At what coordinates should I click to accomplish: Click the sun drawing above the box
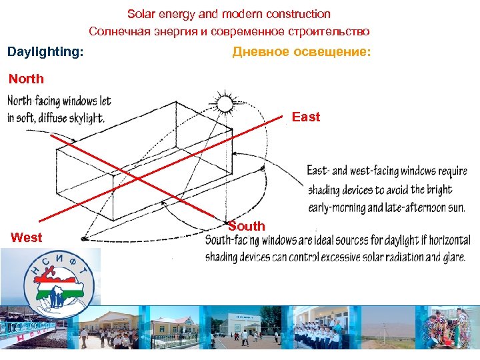click(225, 103)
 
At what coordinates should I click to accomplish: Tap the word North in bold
click(26, 79)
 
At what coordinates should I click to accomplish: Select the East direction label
click(306, 117)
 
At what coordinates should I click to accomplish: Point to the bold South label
click(247, 226)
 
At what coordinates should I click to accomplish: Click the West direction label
click(27, 237)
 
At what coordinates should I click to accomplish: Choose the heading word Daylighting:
click(45, 51)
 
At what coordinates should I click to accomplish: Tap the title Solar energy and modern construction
click(229, 13)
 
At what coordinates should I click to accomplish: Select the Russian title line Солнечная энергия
click(229, 31)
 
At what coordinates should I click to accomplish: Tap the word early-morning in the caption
click(336, 207)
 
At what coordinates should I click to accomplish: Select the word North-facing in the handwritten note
click(34, 102)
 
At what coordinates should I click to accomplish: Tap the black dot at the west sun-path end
click(83, 238)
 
